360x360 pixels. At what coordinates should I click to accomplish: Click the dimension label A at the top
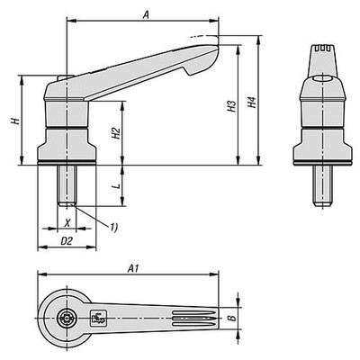[x=144, y=13]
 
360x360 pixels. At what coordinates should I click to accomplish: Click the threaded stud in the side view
[x=67, y=186]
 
